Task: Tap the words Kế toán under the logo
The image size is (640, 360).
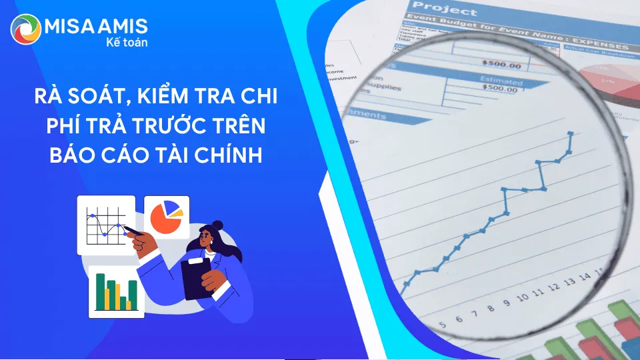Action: tap(126, 42)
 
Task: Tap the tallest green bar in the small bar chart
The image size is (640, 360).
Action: tap(100, 291)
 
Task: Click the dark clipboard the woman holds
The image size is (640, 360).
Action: tap(197, 279)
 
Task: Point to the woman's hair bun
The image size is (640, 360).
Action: tap(218, 225)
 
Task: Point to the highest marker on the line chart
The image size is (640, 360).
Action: tap(570, 134)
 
